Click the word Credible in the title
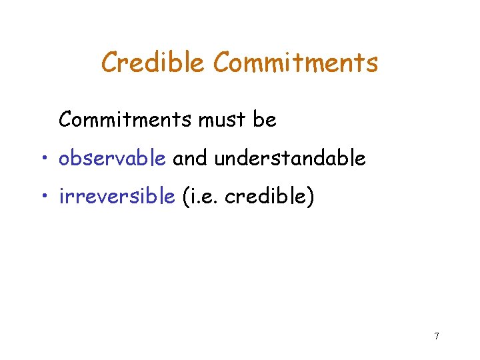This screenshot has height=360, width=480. (153, 63)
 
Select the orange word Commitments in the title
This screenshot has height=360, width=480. (295, 63)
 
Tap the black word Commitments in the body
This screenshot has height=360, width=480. (127, 120)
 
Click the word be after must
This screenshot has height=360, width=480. (265, 120)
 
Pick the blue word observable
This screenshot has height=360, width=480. (112, 159)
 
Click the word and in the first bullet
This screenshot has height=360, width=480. (190, 159)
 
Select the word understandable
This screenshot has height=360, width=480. (290, 159)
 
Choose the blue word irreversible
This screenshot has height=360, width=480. (117, 197)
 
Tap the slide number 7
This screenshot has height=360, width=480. (436, 336)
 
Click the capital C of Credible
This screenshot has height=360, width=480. (109, 63)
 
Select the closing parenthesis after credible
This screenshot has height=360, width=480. (309, 198)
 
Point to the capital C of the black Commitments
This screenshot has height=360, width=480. (65, 120)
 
